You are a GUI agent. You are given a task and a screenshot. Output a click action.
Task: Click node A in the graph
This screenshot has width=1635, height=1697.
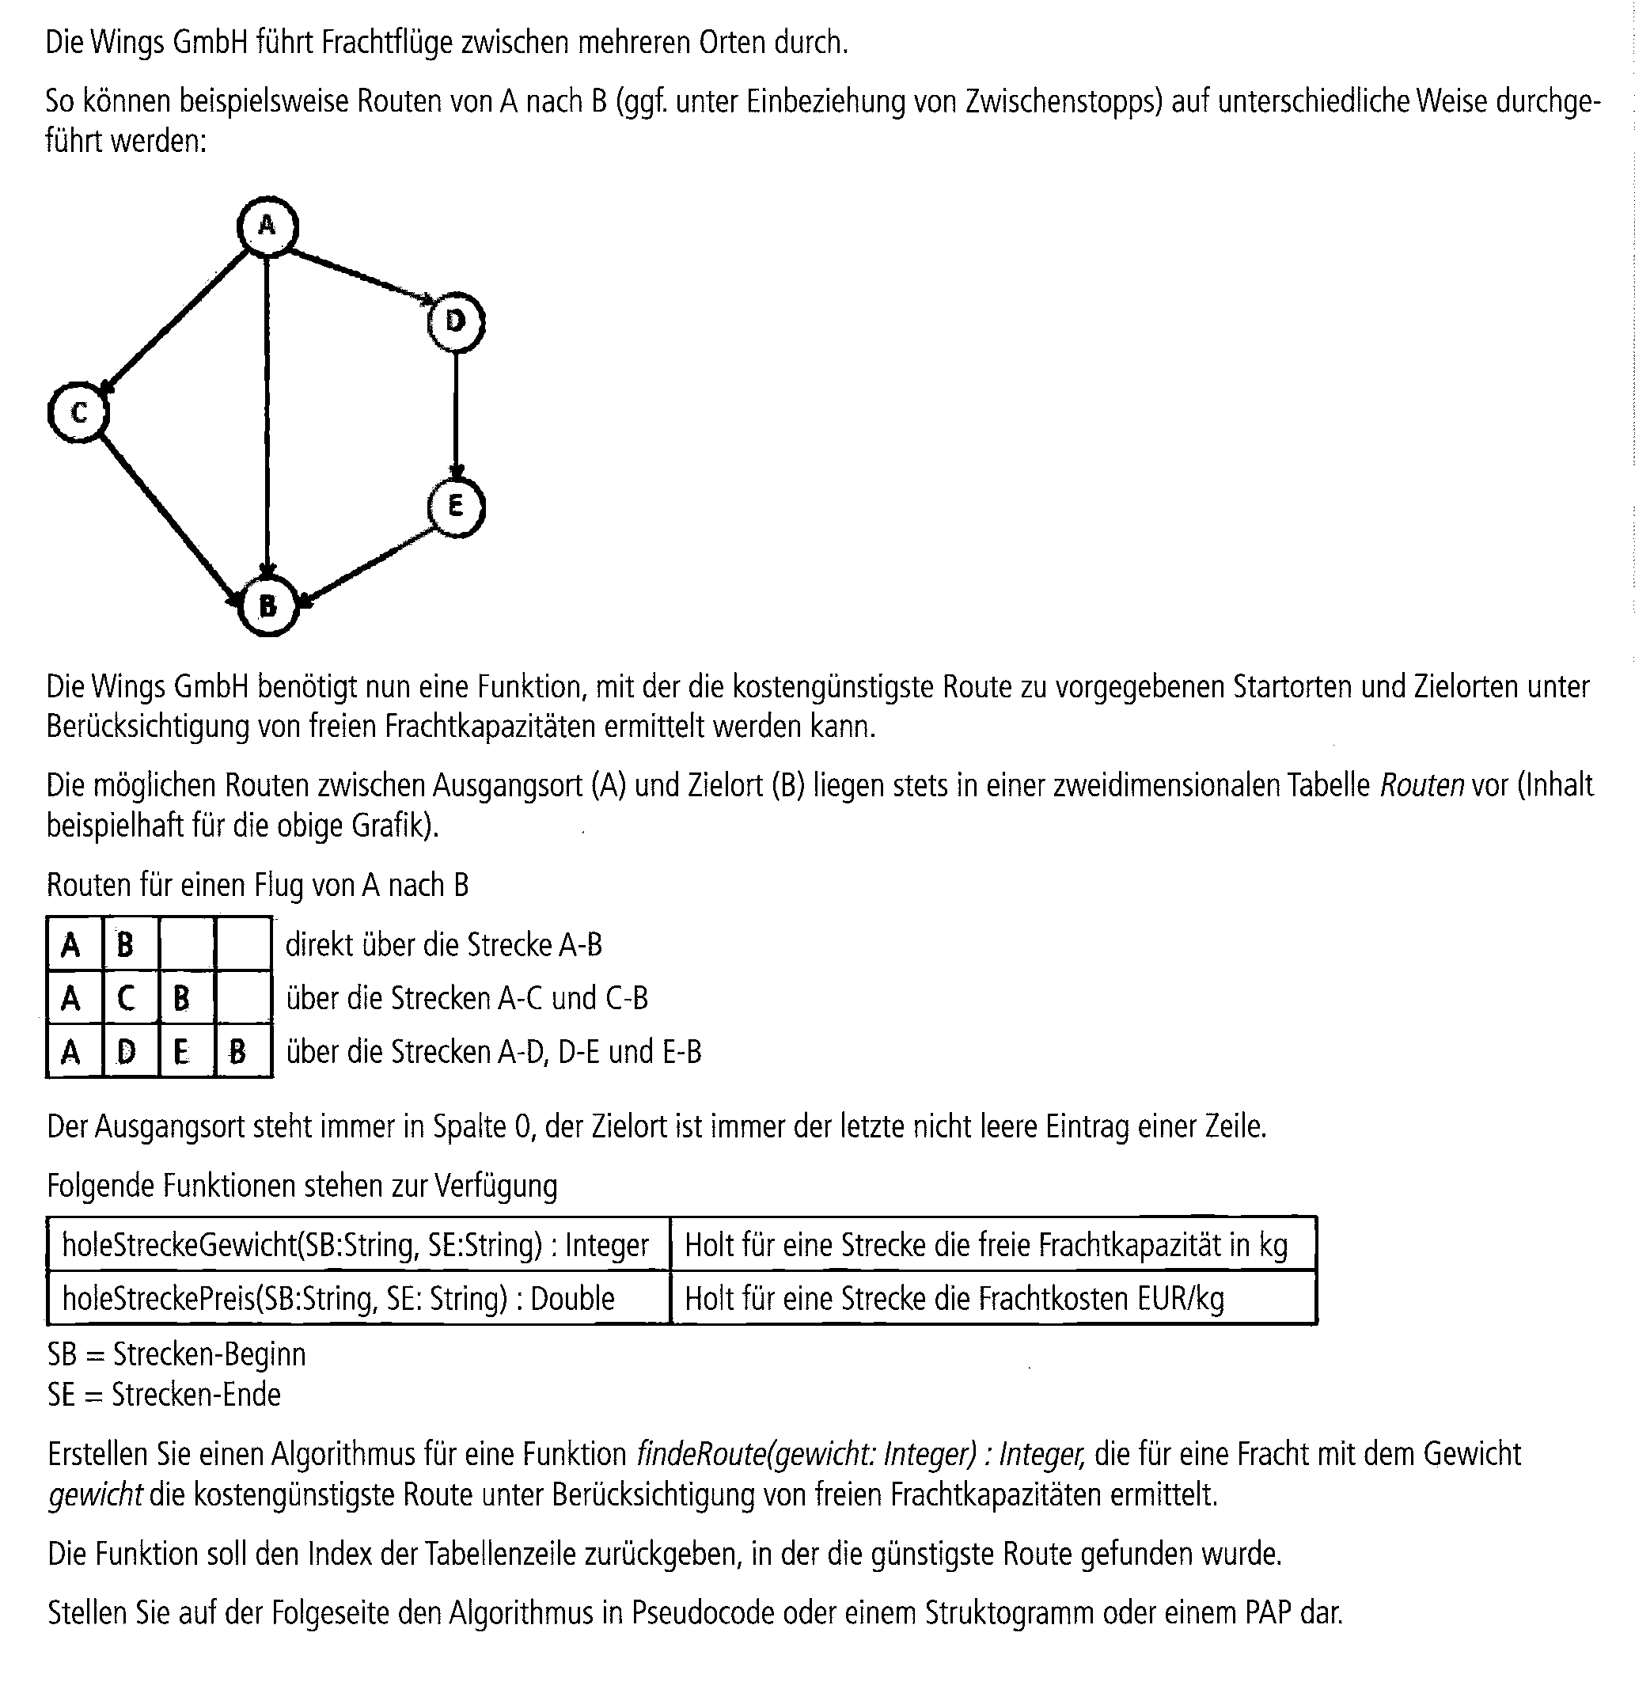267,227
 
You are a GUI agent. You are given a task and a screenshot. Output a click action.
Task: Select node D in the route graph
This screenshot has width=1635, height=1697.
456,322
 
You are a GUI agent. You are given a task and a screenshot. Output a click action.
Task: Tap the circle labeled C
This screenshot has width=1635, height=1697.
79,413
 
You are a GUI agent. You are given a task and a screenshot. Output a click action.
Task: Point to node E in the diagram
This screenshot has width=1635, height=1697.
456,507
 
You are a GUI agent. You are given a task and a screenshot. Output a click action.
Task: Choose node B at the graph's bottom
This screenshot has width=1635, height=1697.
268,606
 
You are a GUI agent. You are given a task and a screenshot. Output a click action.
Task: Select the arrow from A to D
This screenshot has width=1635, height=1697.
362,276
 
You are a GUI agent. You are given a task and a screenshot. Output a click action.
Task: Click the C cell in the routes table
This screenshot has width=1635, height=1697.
127,998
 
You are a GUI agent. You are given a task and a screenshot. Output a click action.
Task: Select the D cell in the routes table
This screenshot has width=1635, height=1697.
127,1052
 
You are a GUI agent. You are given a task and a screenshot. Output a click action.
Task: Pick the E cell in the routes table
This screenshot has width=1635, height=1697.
182,1052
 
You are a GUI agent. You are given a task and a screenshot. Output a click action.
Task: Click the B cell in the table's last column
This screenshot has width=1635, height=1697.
237,1052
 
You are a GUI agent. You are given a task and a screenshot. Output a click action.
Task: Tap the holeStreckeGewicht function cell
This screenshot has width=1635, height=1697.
355,1245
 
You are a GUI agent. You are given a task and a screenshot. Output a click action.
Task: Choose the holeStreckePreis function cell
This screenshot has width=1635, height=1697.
339,1299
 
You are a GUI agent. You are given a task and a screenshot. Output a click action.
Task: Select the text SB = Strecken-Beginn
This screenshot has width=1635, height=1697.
176,1354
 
